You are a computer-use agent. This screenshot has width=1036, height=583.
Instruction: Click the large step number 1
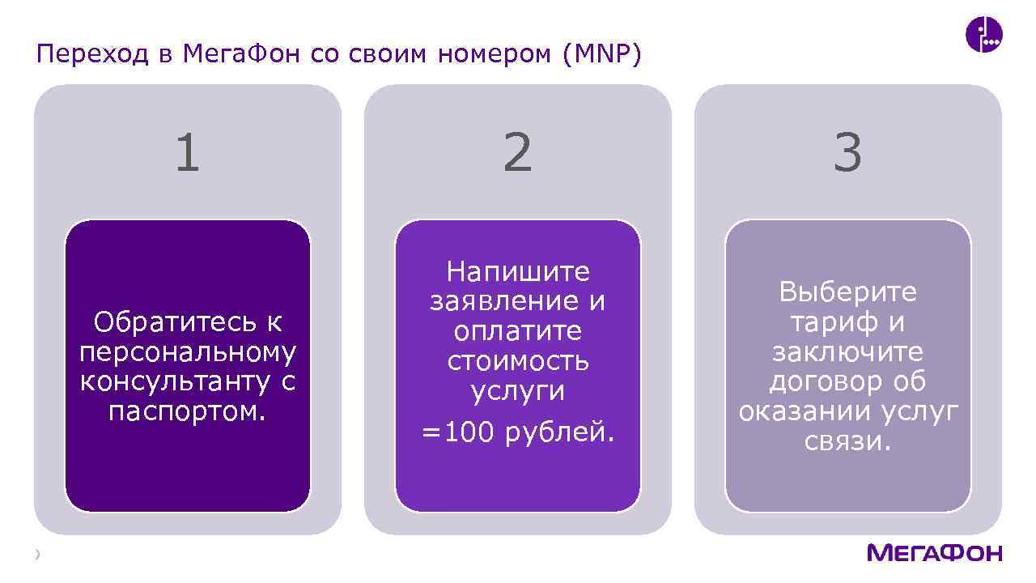pos(188,153)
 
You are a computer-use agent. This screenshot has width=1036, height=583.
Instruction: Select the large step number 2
pos(518,153)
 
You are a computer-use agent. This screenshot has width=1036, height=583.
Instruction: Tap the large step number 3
pos(847,153)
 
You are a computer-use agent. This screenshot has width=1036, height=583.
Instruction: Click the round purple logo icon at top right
pos(984,35)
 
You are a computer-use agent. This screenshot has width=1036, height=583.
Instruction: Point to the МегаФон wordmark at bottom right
pos(934,553)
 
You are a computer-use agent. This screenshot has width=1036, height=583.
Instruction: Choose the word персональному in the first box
pos(188,352)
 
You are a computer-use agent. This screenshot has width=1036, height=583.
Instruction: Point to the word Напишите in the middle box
pos(518,271)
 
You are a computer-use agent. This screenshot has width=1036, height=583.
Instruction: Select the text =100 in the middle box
pos(457,433)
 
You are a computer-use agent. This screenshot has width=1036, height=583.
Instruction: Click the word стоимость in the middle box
pos(518,361)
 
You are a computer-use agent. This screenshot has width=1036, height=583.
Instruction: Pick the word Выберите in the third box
pos(847,291)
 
